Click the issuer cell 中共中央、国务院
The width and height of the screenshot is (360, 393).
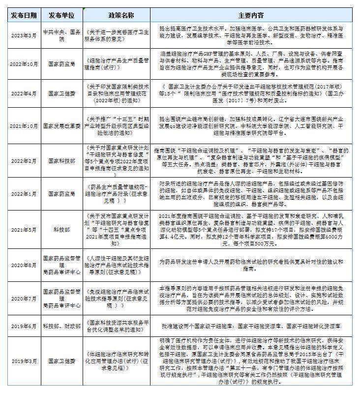pyautogui.click(x=61, y=35)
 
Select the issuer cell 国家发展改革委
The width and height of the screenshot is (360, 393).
pyautogui.click(x=61, y=126)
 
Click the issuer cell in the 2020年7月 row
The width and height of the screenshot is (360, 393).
pyautogui.click(x=61, y=298)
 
